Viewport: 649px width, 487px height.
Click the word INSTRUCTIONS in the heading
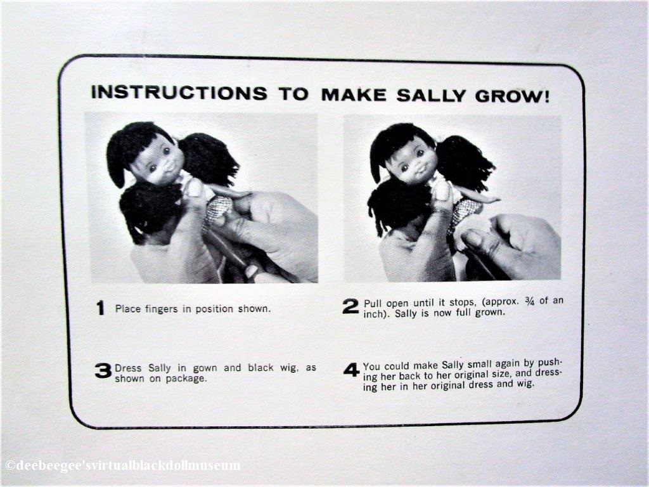pos(179,93)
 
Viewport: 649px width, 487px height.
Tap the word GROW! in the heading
pos(513,96)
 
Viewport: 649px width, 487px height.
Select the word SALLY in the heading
pos(431,95)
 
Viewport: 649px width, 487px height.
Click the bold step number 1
pos(101,308)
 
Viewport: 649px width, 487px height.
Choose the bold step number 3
pos(103,370)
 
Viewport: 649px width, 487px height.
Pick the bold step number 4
pos(351,370)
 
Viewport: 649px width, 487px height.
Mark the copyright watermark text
pos(122,465)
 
